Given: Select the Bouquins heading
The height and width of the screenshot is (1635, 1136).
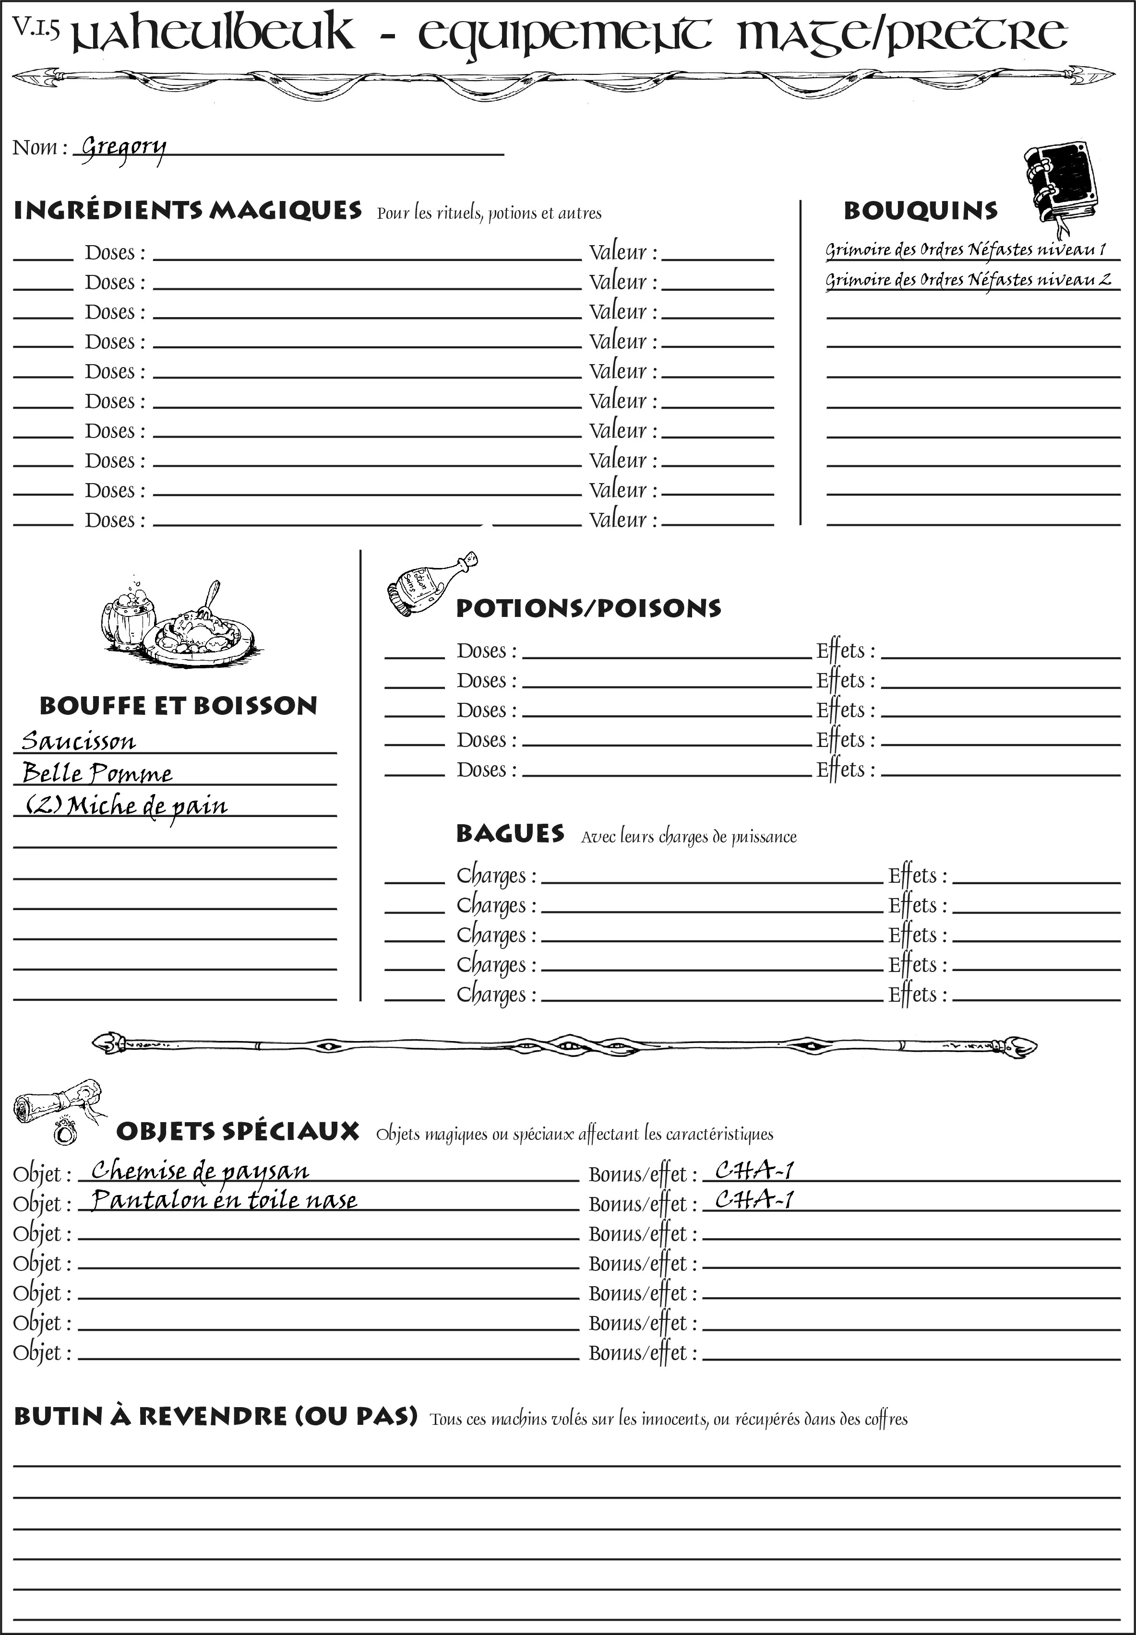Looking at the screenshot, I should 921,211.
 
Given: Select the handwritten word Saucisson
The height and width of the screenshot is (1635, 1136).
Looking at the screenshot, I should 78,741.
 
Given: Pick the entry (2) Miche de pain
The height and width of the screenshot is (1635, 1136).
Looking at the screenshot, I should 127,806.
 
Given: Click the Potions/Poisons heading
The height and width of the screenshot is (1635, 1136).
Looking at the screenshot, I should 588,608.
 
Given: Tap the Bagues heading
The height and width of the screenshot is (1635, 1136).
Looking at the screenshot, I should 510,833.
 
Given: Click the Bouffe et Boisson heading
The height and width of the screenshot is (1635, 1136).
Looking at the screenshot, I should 178,706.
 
